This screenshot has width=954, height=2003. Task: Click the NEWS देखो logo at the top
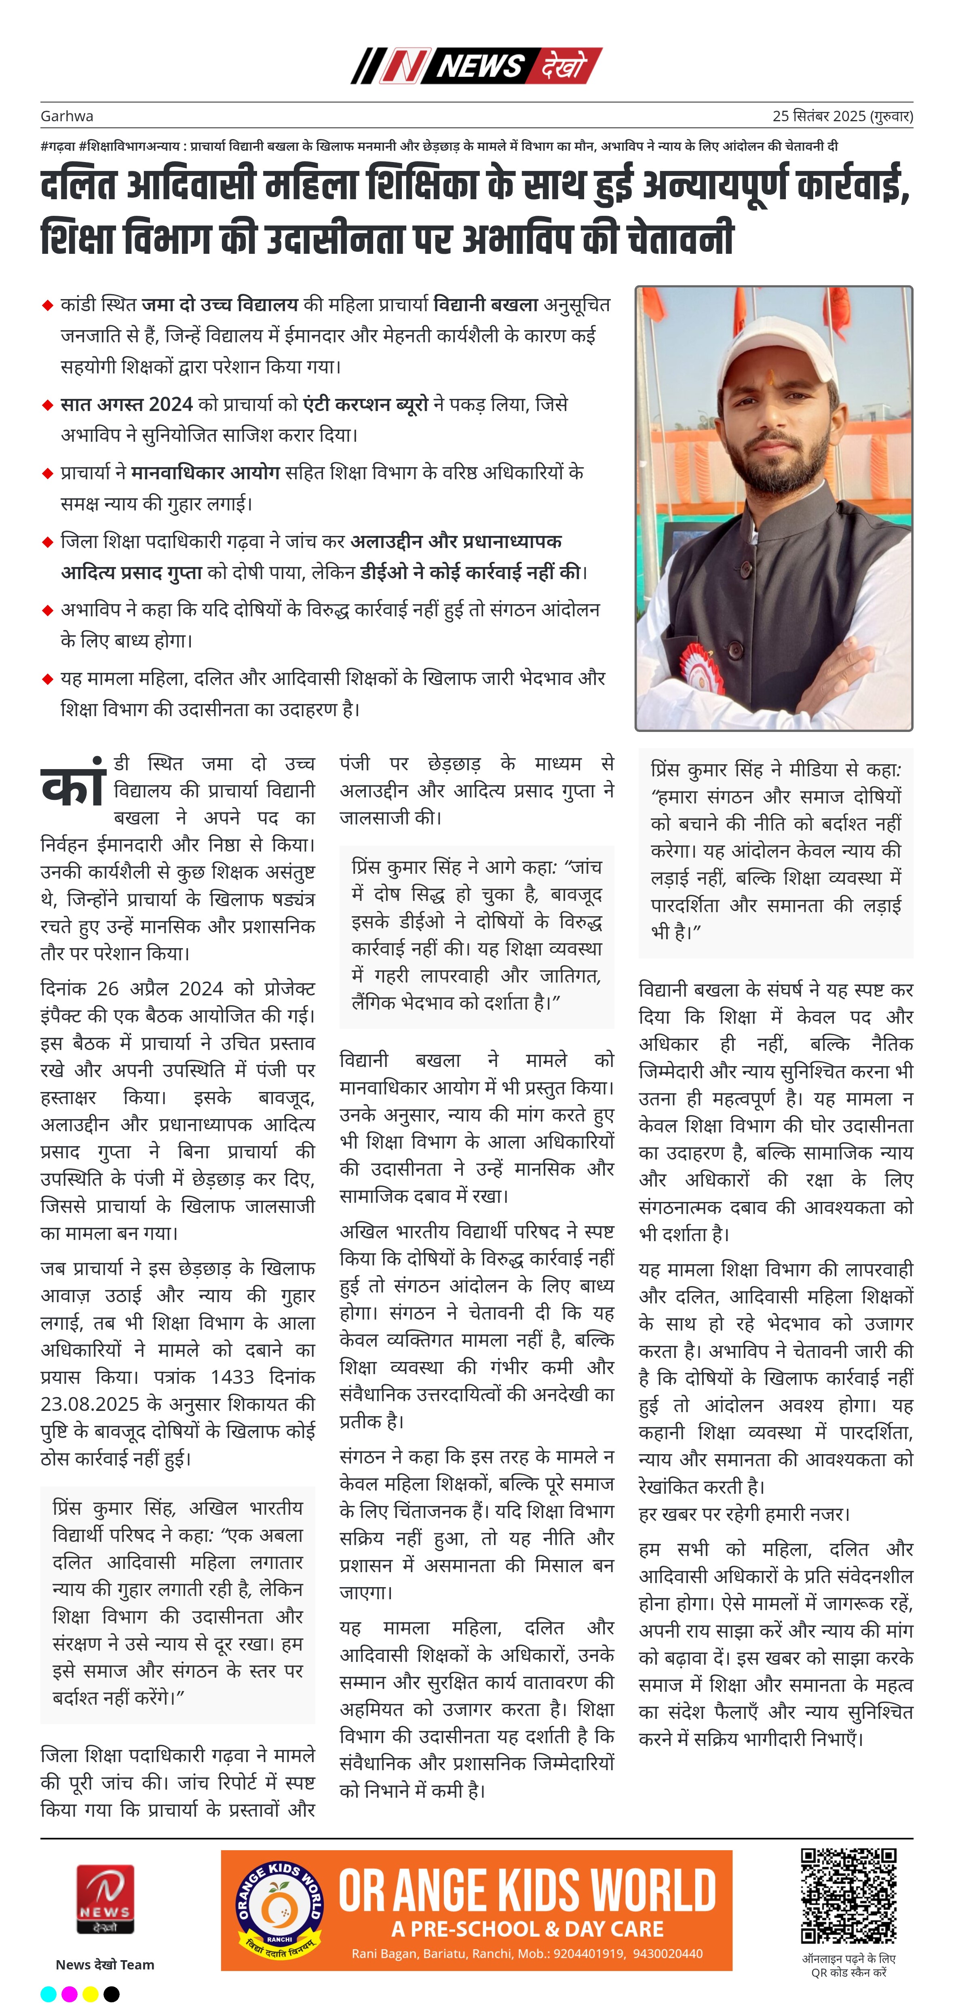point(477,65)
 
